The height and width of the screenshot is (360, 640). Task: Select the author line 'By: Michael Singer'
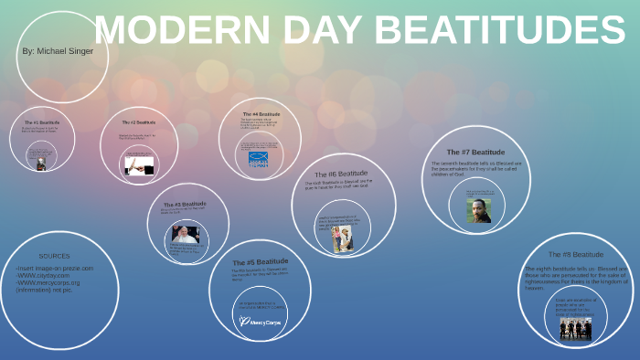click(57, 51)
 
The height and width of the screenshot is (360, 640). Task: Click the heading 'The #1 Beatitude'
click(41, 122)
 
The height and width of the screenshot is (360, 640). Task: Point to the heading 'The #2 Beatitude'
click(139, 122)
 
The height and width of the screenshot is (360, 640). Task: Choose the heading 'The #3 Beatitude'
click(185, 204)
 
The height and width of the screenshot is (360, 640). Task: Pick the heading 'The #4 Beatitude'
click(261, 114)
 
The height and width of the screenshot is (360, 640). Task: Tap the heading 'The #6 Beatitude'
click(341, 173)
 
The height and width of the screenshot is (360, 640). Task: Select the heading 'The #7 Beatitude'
click(475, 152)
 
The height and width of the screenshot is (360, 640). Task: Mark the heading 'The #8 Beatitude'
click(576, 254)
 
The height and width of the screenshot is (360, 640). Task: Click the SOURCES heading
click(54, 256)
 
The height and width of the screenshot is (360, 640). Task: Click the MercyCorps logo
click(260, 322)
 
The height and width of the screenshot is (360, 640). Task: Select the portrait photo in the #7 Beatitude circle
click(478, 211)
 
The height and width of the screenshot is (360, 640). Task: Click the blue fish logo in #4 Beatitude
click(261, 157)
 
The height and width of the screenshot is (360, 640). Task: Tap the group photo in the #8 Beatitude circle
click(575, 329)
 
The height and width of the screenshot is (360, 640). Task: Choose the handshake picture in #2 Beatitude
click(139, 164)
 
